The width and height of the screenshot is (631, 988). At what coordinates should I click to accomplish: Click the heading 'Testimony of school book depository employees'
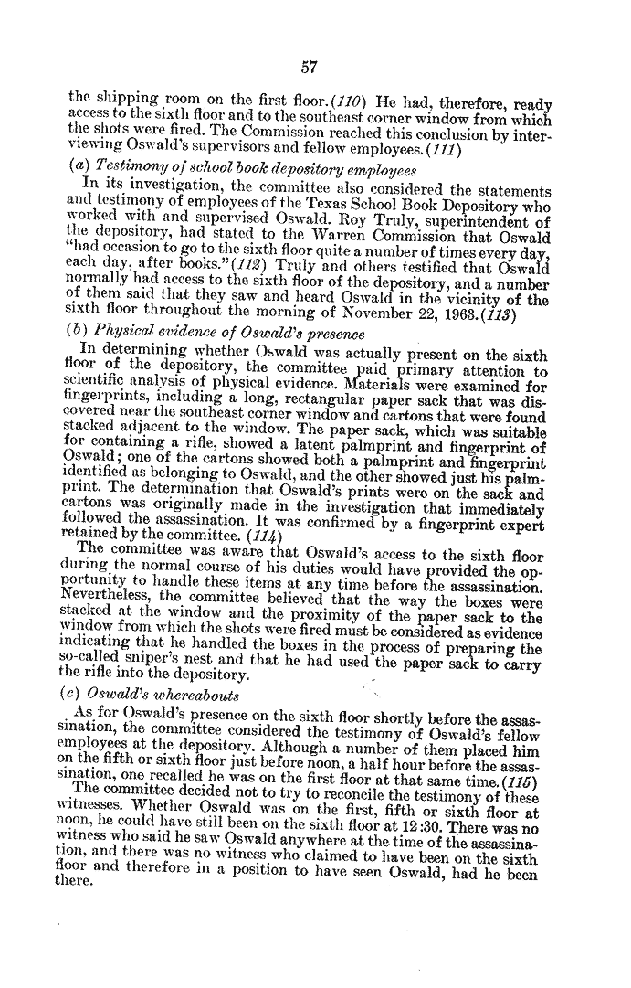tap(226, 169)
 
